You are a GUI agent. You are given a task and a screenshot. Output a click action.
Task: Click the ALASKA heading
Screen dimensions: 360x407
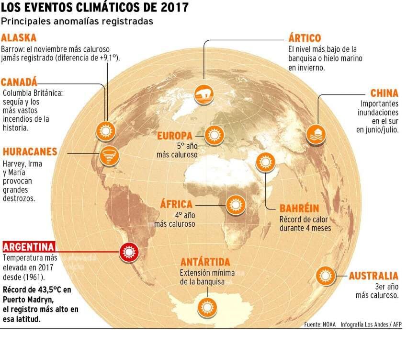tap(19, 38)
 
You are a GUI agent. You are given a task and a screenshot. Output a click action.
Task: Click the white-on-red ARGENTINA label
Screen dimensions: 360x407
tap(28, 248)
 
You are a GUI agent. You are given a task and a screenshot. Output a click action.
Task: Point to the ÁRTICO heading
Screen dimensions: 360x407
tap(305, 38)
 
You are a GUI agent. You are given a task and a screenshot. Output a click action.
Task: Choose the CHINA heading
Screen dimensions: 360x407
tap(384, 93)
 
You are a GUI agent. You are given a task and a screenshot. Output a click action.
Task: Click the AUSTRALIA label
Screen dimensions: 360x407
tap(373, 276)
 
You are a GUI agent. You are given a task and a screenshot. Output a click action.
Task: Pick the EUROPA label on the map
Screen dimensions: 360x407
tap(175, 136)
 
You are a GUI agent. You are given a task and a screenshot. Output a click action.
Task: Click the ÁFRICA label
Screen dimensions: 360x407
tap(177, 204)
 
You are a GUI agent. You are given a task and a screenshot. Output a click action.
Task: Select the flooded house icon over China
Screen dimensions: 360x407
tap(316, 132)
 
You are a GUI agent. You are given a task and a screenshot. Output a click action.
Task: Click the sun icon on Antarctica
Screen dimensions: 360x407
tap(207, 305)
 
